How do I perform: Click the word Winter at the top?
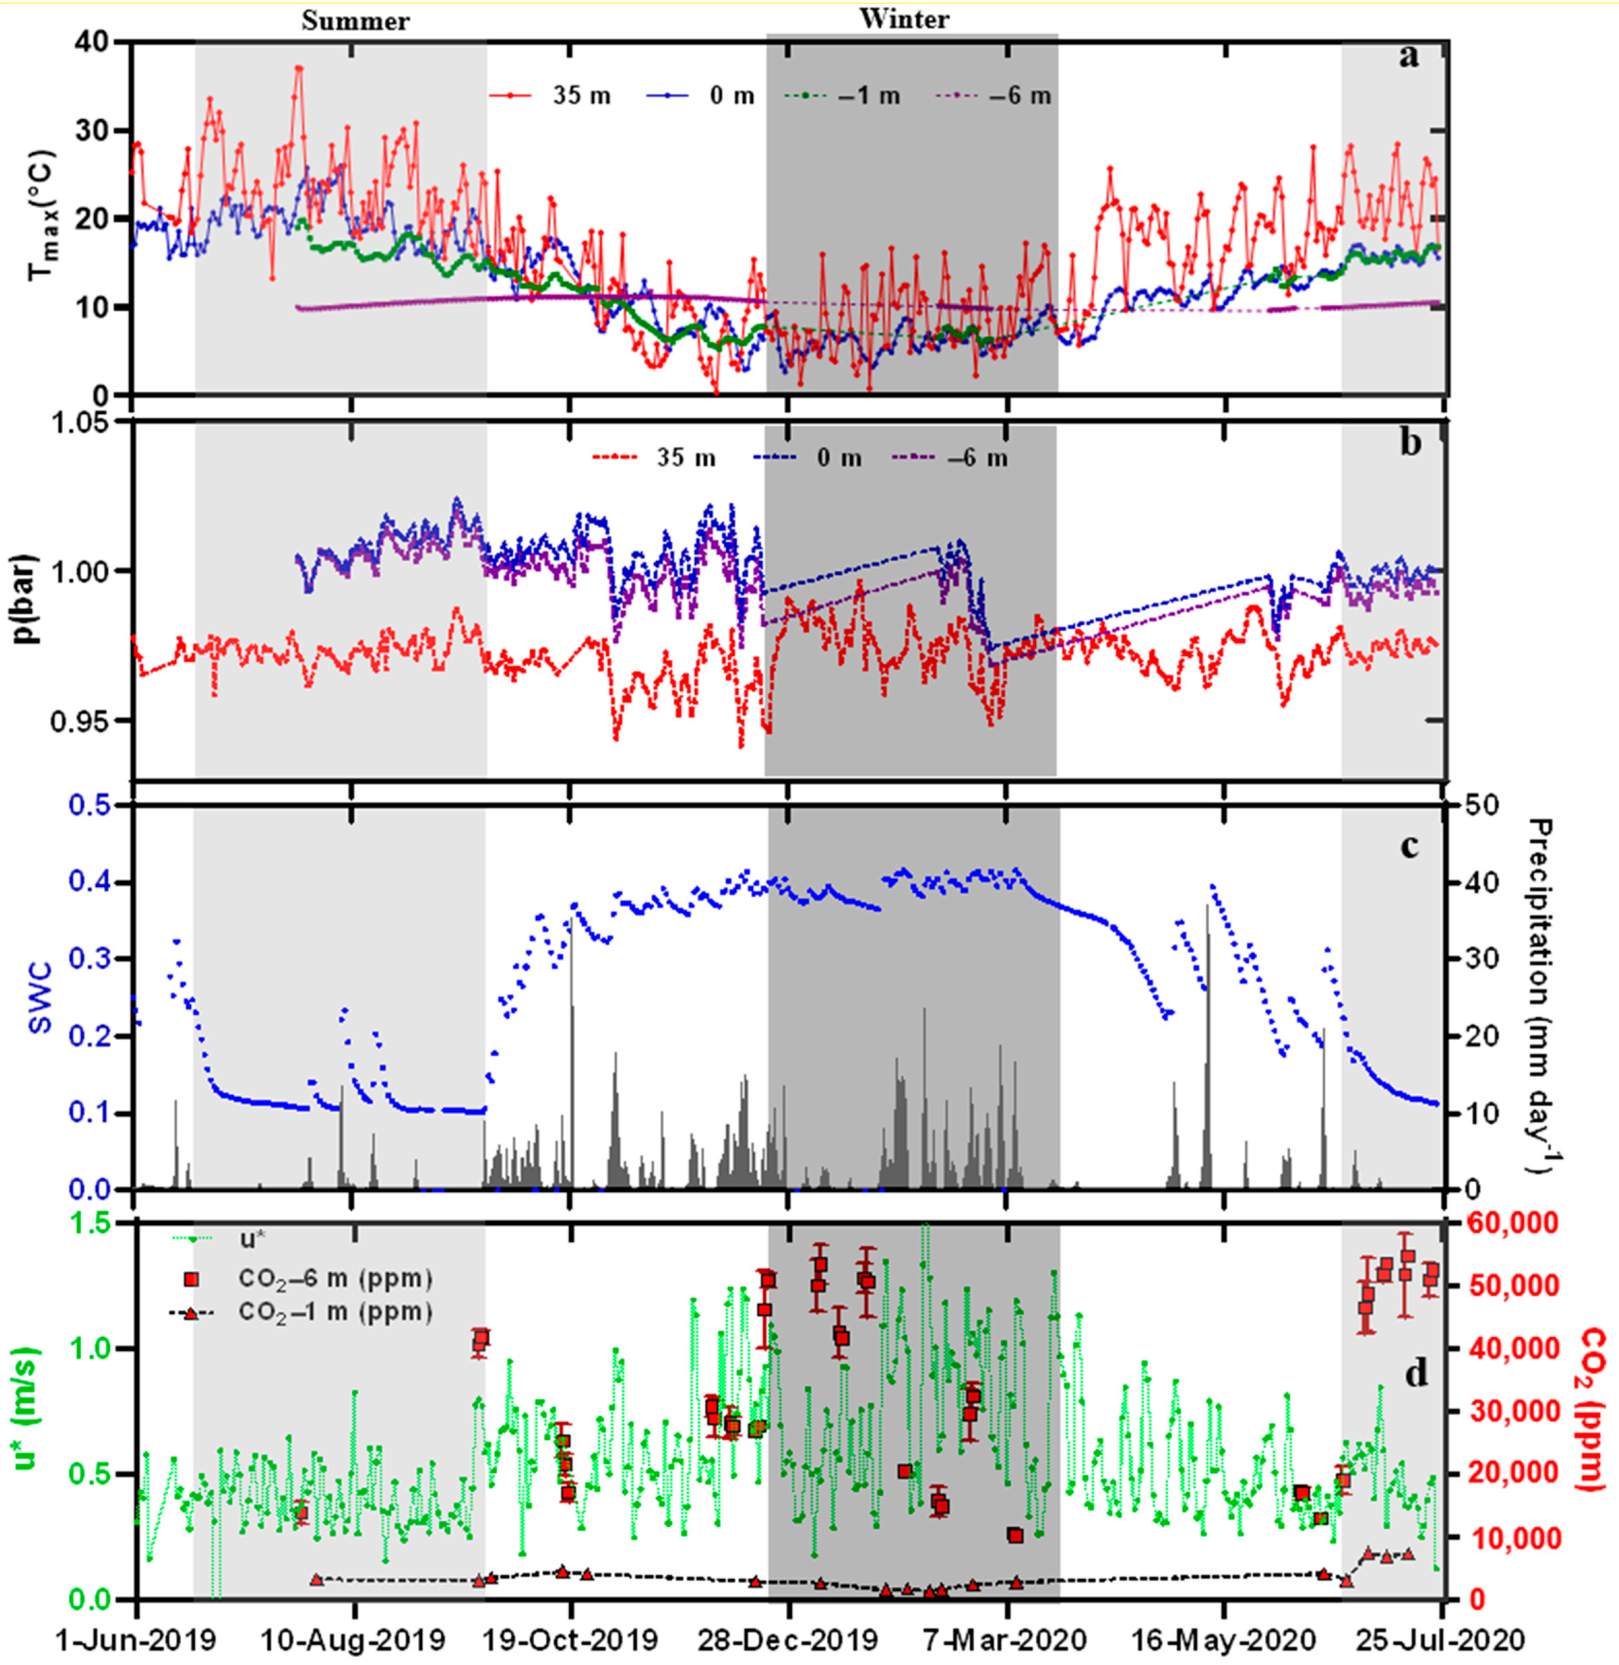coord(904,19)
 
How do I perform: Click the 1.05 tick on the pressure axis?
coord(80,423)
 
